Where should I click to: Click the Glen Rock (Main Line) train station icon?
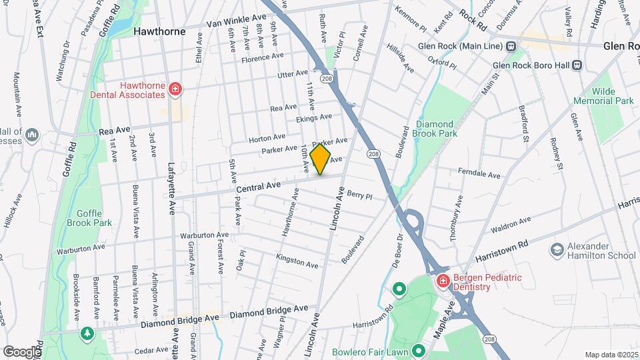point(512,46)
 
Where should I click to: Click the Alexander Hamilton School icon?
point(556,249)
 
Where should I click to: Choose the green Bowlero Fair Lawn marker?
point(419,351)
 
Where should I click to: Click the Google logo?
point(22,351)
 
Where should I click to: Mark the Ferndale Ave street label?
point(479,174)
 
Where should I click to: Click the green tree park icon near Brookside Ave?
point(86,333)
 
